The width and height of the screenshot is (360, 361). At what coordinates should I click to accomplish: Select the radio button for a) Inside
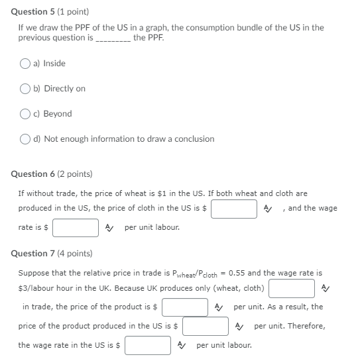[x=25, y=64]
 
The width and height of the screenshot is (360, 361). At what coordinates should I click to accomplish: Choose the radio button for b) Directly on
[x=25, y=89]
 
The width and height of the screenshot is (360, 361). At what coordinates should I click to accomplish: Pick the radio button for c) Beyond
[x=25, y=114]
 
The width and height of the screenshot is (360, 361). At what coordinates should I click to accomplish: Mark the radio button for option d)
[x=25, y=139]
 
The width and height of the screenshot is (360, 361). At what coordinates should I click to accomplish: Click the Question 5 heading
[x=50, y=12]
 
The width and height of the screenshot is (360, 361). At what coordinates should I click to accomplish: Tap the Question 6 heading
[x=52, y=174]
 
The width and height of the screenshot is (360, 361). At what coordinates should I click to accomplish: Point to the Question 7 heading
[x=52, y=253]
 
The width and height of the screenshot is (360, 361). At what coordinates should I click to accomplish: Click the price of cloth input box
[x=234, y=209]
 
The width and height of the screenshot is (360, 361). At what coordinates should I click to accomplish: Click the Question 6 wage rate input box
[x=76, y=228]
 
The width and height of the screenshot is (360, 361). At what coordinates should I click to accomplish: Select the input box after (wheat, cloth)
[x=291, y=288]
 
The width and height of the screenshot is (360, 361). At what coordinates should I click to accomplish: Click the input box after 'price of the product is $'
[x=185, y=307]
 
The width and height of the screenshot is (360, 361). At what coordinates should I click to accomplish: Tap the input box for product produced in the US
[x=206, y=327]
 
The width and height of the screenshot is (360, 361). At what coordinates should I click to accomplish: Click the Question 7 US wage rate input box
[x=148, y=346]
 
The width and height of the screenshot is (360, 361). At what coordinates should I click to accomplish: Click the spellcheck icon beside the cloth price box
[x=267, y=209]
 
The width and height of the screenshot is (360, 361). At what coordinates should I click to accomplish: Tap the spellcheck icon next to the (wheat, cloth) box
[x=324, y=288]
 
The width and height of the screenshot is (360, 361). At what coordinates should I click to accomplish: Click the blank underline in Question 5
[x=113, y=38]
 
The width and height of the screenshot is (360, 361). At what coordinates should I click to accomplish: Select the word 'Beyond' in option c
[x=58, y=114]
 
